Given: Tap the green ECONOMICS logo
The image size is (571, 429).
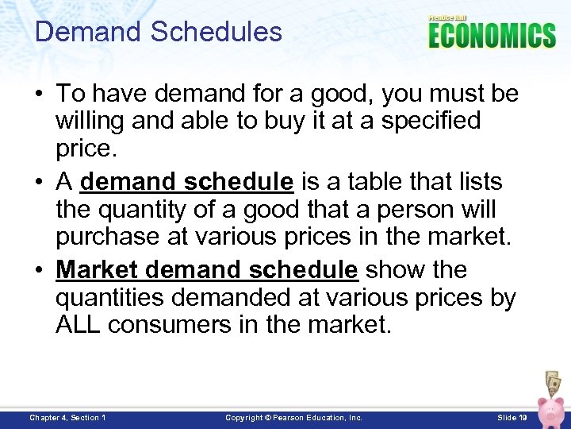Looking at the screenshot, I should (x=492, y=36).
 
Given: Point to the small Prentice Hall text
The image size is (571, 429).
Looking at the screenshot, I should (x=447, y=17).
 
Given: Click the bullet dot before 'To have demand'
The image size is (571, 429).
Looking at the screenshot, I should (x=40, y=94).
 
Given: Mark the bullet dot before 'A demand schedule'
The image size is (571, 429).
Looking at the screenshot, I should (x=40, y=183).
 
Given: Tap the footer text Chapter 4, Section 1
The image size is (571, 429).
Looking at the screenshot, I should (x=67, y=417).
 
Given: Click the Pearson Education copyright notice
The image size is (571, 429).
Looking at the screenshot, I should (x=293, y=417).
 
